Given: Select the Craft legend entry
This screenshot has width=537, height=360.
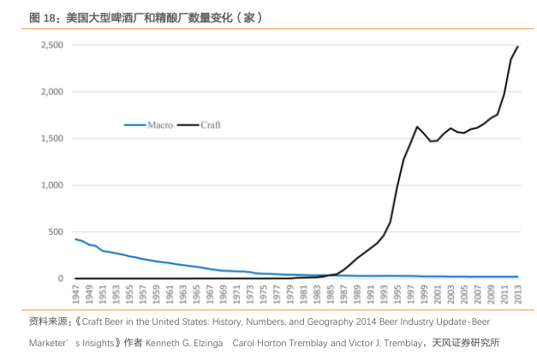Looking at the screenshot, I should point(210,124).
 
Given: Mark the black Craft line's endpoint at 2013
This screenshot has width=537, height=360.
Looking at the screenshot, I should point(517,46).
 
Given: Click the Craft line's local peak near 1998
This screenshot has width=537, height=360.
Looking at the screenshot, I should point(417,127).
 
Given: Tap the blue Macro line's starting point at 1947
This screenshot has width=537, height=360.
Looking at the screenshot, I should point(75,239).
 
